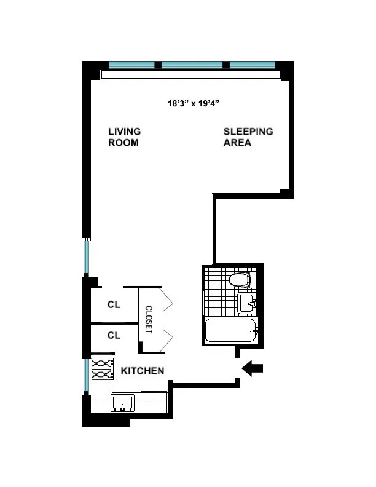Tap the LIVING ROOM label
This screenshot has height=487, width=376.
pos(124,137)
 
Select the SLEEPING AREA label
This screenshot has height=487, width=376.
pos(248,137)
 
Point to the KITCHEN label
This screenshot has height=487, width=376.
pos(142,371)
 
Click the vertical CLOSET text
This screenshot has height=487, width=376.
pos(148,320)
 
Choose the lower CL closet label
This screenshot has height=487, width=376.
pos(114,335)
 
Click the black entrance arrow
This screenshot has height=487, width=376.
pos(253,368)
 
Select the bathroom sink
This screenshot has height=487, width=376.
pos(247,303)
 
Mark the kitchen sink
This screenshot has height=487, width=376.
pos(123,404)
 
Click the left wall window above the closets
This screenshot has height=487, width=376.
pos(87,258)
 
